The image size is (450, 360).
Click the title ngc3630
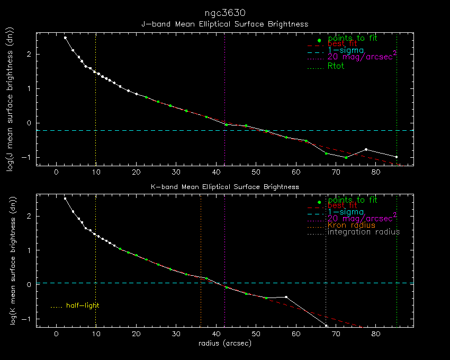point(224,12)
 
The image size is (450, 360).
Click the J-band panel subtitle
point(224,24)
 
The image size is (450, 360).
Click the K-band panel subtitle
point(224,187)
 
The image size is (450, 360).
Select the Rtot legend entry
point(336,67)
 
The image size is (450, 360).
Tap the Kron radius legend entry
point(352,225)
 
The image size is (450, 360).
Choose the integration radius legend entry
point(364,232)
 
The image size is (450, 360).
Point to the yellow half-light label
point(83,305)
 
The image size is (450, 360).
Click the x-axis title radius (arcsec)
point(224,343)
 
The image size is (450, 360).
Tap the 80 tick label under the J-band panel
point(375,172)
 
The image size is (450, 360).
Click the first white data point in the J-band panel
point(65,38)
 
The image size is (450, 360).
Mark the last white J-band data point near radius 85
point(396,157)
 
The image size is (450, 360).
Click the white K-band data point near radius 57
point(286,297)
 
